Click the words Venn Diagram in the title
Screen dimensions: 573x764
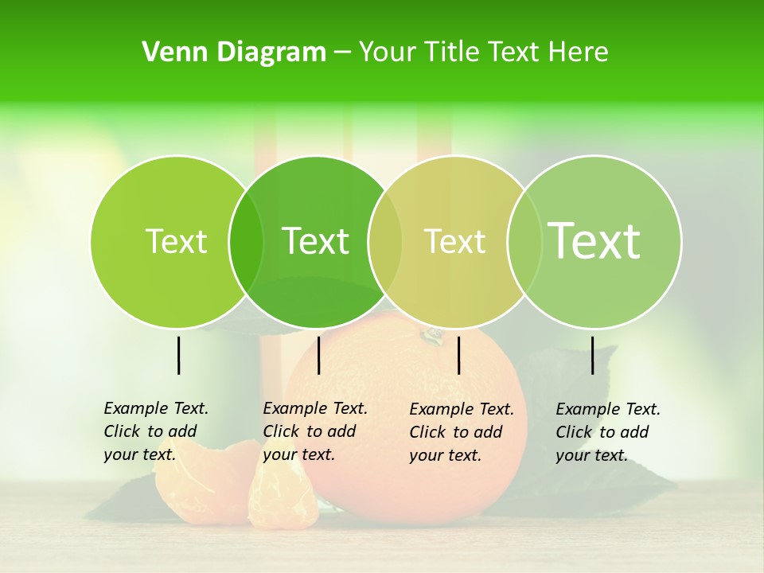(234, 53)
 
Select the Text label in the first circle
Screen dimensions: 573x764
(176, 241)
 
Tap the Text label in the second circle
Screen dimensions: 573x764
(316, 241)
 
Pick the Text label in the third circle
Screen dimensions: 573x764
(455, 241)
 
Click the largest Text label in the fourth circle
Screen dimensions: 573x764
(594, 240)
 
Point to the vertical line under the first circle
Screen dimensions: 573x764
(178, 355)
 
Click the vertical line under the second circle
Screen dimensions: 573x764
(318, 355)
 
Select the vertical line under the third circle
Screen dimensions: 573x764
(458, 355)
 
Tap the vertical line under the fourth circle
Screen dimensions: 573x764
(592, 355)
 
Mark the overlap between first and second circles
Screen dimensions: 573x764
(246, 241)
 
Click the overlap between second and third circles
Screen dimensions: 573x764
(385, 241)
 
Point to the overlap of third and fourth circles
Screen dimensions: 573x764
(524, 241)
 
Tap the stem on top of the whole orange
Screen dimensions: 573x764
(432, 334)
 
